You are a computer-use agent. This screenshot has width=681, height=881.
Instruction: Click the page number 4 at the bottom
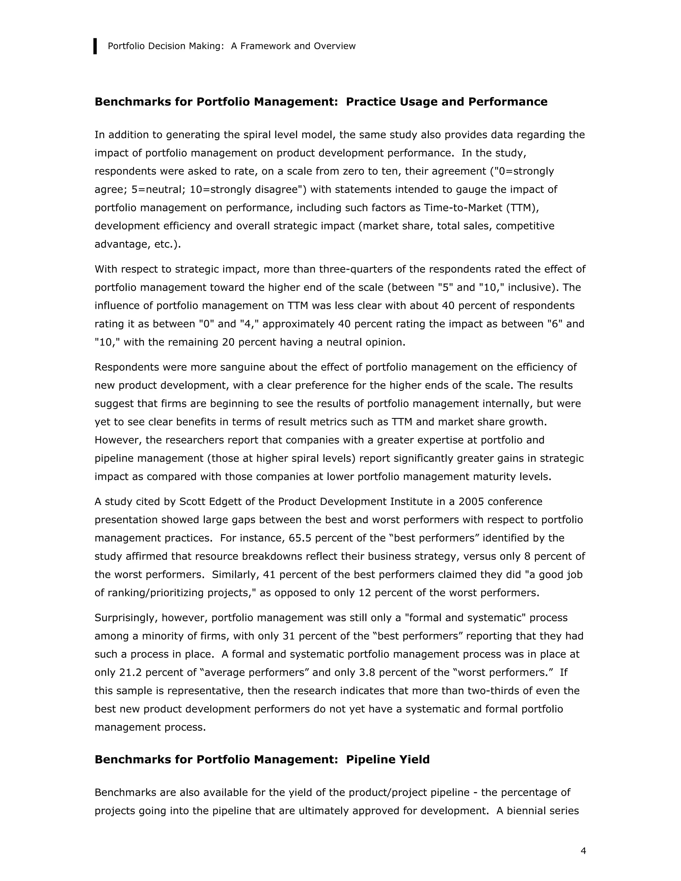(x=583, y=851)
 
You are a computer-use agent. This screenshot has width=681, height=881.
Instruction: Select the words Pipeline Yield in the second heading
(x=388, y=760)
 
